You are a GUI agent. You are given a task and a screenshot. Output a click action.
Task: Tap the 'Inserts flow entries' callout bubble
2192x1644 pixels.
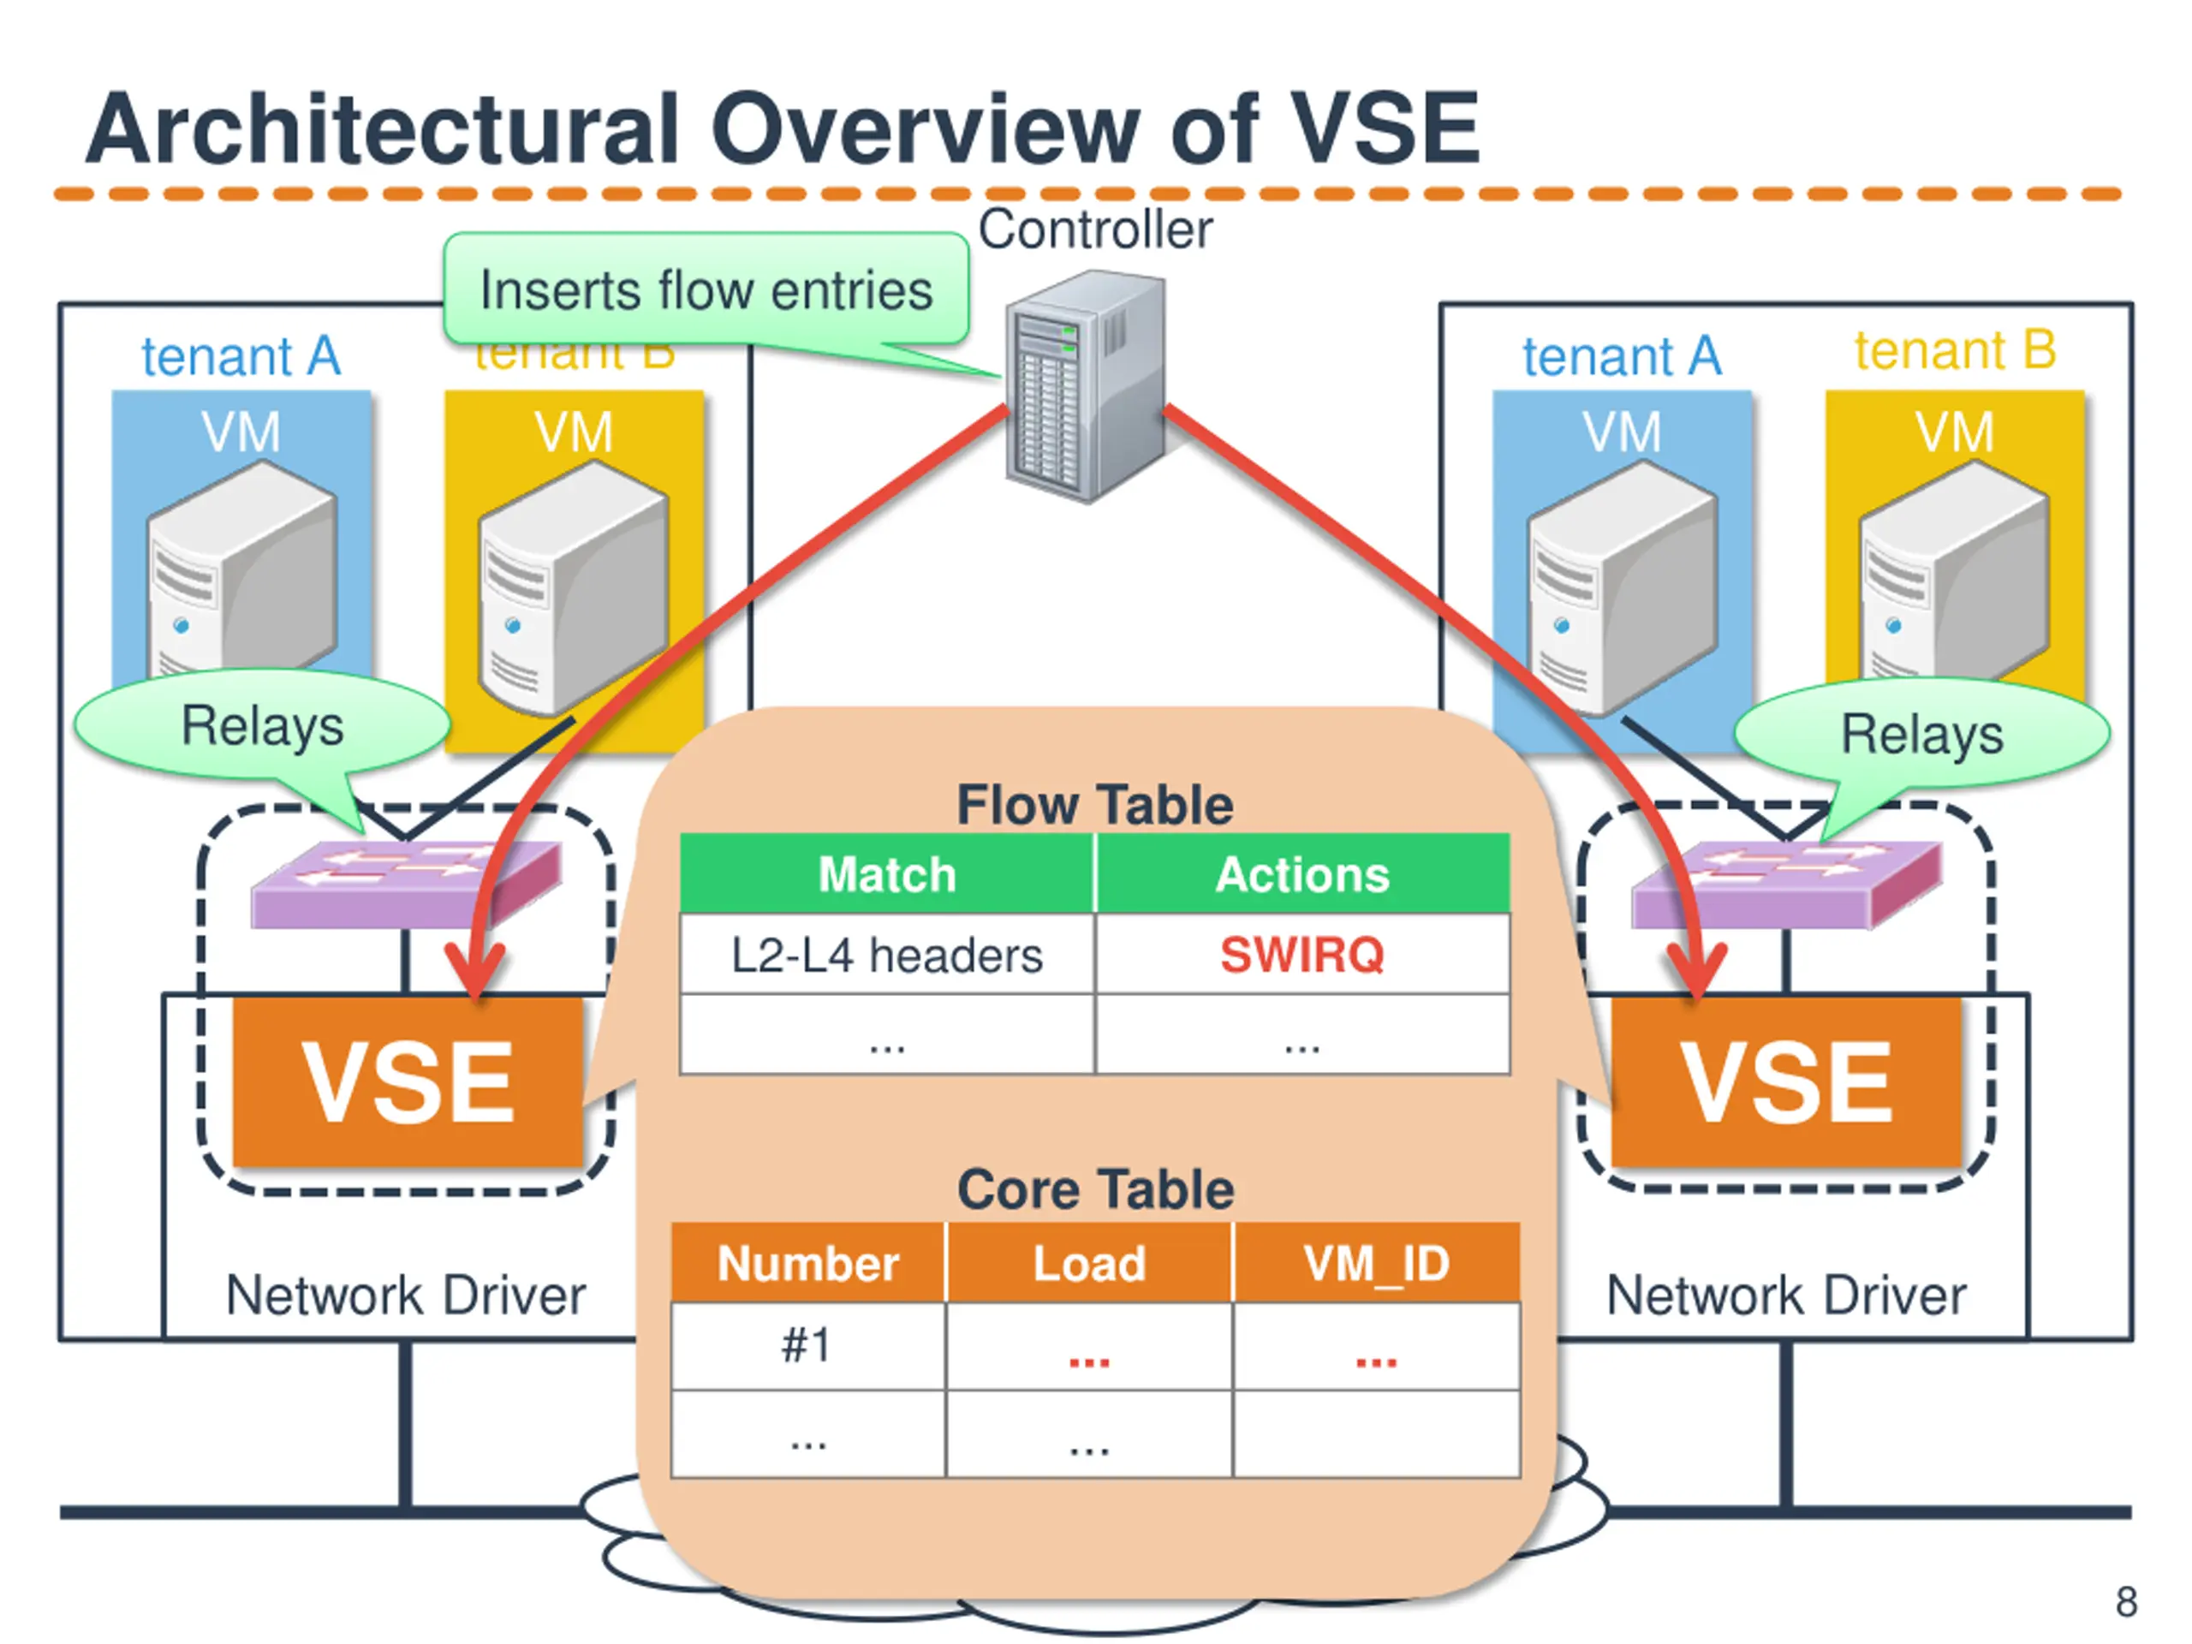[x=706, y=290]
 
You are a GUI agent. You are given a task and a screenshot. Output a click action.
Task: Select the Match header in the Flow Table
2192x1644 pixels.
[x=887, y=874]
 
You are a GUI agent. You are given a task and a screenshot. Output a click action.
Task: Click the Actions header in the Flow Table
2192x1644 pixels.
[x=1302, y=874]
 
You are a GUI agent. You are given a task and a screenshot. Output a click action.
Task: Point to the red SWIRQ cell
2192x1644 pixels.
[x=1302, y=955]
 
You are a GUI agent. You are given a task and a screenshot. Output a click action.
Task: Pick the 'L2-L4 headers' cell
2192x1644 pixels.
[x=887, y=956]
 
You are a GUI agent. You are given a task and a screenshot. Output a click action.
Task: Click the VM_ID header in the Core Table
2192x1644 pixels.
[x=1377, y=1262]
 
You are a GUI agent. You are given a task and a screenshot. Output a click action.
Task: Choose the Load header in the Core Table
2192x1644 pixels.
[x=1089, y=1262]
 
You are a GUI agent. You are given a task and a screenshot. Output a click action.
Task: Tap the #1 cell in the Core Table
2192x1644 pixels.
[x=807, y=1344]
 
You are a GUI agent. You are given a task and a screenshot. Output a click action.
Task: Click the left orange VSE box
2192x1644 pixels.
[x=408, y=1082]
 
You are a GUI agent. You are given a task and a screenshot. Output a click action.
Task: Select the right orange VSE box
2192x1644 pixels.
[x=1785, y=1082]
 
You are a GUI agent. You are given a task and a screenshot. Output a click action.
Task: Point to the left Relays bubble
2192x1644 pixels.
[x=262, y=724]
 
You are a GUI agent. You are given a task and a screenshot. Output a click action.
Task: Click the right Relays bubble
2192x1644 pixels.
[x=1921, y=733]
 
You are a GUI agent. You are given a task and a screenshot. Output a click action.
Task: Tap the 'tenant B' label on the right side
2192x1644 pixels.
[x=1954, y=350]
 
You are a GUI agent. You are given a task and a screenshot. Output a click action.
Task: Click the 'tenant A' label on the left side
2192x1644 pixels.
[x=241, y=355]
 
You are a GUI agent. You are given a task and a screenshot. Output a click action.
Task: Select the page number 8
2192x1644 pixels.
[x=2125, y=1601]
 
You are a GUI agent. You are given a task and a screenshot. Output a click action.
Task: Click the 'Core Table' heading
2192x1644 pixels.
[x=1095, y=1188]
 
